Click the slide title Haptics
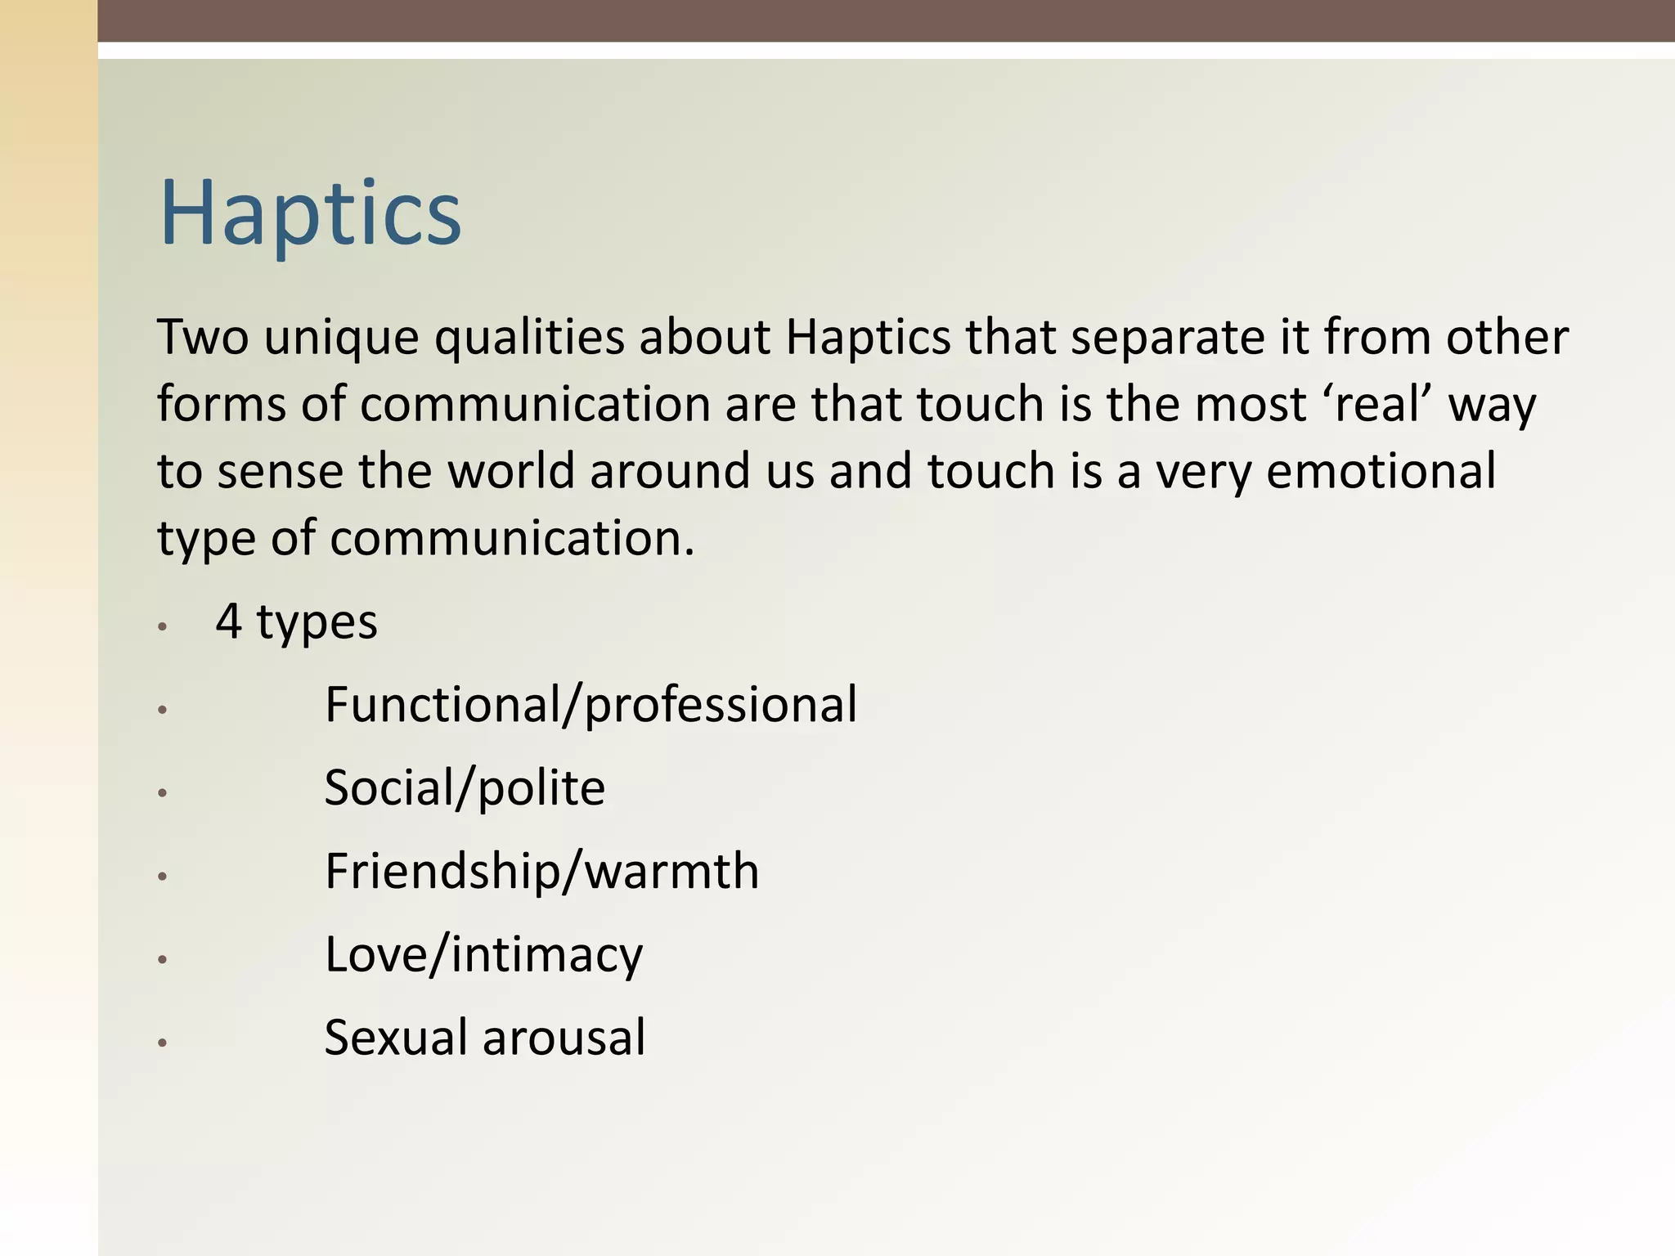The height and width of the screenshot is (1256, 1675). point(311,214)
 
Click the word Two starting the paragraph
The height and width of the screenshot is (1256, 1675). point(203,337)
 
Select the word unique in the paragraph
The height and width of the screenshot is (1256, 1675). point(341,339)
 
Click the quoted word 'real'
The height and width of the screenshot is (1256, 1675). point(1376,404)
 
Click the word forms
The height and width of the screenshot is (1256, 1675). point(222,404)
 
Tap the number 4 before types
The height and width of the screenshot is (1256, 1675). point(229,621)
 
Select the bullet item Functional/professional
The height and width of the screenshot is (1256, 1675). point(591,705)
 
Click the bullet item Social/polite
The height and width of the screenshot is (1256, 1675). point(465,788)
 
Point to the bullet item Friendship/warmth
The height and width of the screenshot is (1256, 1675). point(541,871)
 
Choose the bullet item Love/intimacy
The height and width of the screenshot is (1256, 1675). point(483,955)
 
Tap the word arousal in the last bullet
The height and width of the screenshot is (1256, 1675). point(564,1038)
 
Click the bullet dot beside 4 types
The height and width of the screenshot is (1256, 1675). point(163,626)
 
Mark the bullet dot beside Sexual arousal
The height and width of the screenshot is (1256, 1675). point(163,1043)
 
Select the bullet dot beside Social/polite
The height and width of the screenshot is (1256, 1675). point(163,793)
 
